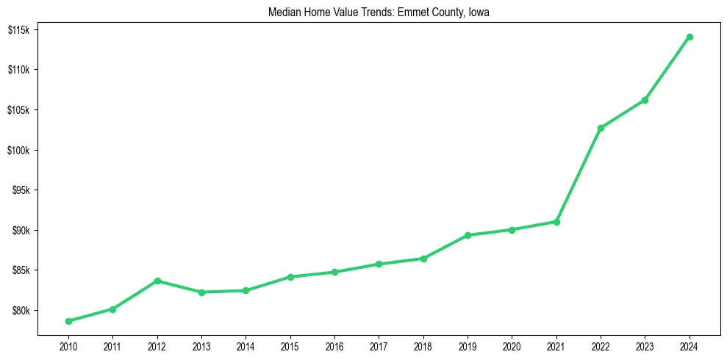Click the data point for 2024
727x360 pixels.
[690, 37]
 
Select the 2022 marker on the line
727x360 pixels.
[601, 128]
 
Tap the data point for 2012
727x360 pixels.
[157, 281]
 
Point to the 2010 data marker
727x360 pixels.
[68, 321]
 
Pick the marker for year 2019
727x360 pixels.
[468, 235]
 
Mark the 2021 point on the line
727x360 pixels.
[556, 222]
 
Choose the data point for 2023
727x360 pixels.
[645, 100]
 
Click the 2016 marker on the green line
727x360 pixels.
[334, 272]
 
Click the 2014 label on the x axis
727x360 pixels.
[246, 346]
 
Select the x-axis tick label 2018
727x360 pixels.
[423, 346]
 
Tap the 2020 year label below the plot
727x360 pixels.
[512, 346]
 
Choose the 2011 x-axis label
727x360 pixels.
[112, 346]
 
